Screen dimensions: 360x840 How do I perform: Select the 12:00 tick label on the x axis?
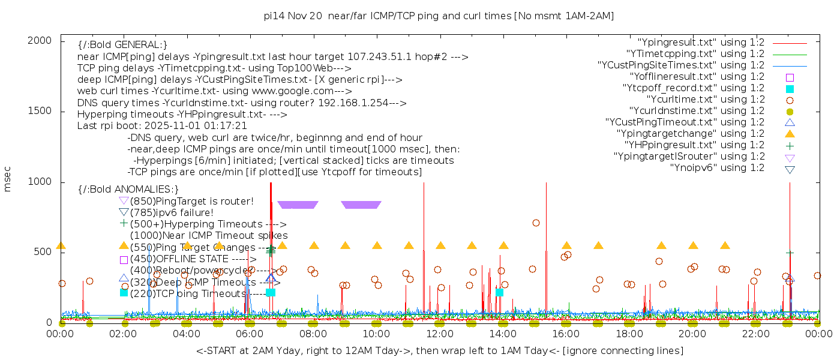(440, 334)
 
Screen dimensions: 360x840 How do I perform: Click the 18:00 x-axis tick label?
(629, 334)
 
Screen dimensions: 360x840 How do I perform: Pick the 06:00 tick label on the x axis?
(250, 334)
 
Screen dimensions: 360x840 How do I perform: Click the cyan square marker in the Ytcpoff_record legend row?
(790, 88)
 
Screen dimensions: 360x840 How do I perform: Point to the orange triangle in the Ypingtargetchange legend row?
(790, 133)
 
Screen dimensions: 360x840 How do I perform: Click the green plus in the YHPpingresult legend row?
(790, 145)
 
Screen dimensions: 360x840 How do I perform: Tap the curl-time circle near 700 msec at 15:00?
(536, 223)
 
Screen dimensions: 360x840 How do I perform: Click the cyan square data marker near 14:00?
(499, 292)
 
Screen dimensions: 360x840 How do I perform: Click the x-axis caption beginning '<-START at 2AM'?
(439, 350)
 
